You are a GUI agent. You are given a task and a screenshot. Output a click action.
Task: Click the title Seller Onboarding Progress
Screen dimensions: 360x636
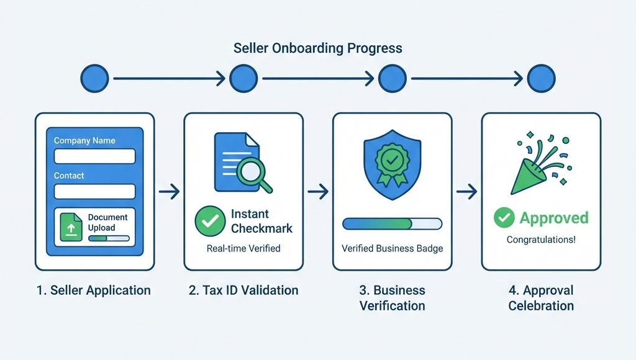(317, 48)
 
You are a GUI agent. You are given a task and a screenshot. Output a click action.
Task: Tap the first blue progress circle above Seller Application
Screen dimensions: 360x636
(94, 79)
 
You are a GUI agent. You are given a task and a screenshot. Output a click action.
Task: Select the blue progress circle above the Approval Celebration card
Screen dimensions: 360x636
(541, 79)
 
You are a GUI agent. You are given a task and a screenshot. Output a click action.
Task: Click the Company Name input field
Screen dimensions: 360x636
(94, 156)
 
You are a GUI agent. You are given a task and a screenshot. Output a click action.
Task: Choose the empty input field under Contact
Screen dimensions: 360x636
(94, 191)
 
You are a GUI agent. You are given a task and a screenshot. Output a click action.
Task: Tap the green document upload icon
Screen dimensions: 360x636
(71, 226)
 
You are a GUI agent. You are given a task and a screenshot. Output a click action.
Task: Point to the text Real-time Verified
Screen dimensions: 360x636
(243, 248)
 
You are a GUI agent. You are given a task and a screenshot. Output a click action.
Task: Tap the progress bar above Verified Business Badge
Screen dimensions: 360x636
(392, 223)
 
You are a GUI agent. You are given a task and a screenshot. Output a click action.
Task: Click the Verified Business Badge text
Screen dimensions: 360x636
(392, 248)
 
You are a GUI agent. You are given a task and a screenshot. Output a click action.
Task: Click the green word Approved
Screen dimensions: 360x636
(554, 218)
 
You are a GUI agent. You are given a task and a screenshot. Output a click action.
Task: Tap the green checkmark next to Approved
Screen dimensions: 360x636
(504, 218)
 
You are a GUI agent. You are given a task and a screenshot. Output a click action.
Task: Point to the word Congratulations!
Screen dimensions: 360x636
(541, 240)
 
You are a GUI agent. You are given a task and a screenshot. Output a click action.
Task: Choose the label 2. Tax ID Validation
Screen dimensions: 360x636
(243, 290)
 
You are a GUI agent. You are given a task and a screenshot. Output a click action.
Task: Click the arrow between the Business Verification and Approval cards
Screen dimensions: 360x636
(466, 192)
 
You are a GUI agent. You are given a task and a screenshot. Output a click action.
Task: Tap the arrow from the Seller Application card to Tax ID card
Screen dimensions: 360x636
(169, 192)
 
